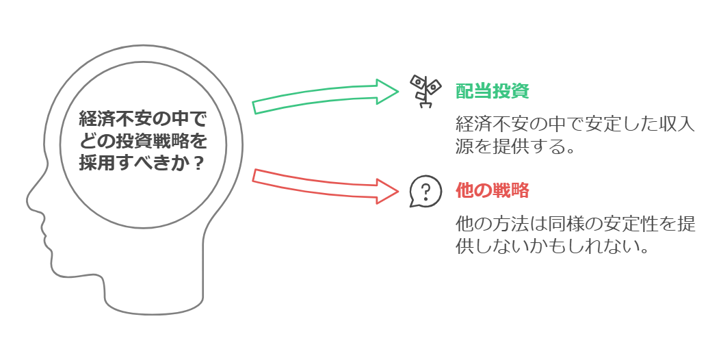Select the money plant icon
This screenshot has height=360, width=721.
click(423, 91)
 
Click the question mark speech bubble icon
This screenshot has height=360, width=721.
click(423, 191)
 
